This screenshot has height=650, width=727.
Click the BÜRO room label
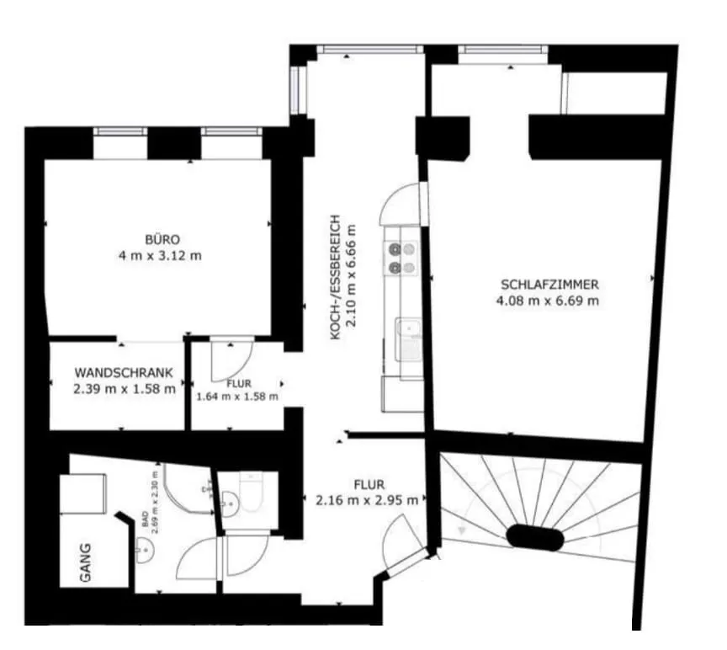(x=162, y=240)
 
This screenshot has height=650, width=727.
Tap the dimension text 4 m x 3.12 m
(x=160, y=256)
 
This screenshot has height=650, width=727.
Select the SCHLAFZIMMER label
(x=549, y=285)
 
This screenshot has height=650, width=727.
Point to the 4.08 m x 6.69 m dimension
(x=548, y=301)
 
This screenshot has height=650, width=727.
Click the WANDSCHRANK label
(x=124, y=372)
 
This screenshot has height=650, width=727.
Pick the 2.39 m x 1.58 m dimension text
(x=125, y=389)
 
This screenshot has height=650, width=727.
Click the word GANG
(x=86, y=562)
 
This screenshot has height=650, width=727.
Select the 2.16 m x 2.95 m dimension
(x=367, y=501)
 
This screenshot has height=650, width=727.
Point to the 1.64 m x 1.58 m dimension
(x=237, y=397)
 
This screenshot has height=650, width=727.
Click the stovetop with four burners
(x=401, y=258)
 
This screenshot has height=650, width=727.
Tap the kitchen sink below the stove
(x=408, y=339)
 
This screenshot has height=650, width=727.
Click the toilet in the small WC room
(x=251, y=492)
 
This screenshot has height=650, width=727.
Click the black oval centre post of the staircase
(x=534, y=538)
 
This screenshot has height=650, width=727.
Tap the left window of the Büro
(x=120, y=131)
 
